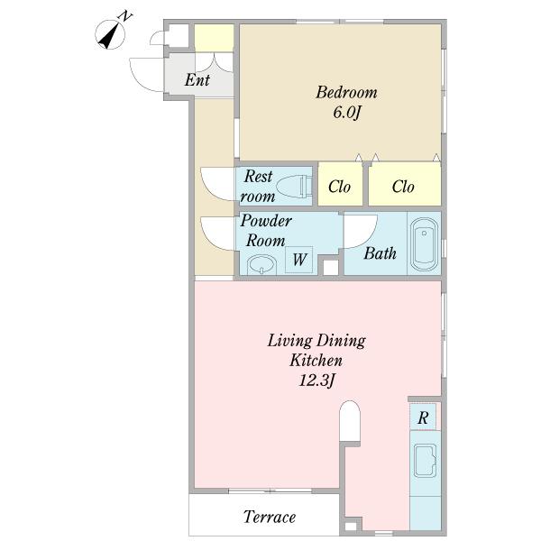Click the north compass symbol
click(x=110, y=32)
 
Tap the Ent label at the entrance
click(x=197, y=79)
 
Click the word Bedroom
click(x=346, y=93)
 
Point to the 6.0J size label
click(x=347, y=113)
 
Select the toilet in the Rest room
click(x=294, y=187)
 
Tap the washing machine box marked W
click(x=299, y=260)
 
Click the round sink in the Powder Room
click(x=261, y=265)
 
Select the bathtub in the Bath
click(x=424, y=243)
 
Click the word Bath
click(x=380, y=253)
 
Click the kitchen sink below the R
click(x=426, y=461)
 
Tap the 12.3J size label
click(x=316, y=381)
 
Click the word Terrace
click(x=270, y=517)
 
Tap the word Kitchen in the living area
click(x=316, y=361)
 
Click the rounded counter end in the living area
click(x=350, y=420)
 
